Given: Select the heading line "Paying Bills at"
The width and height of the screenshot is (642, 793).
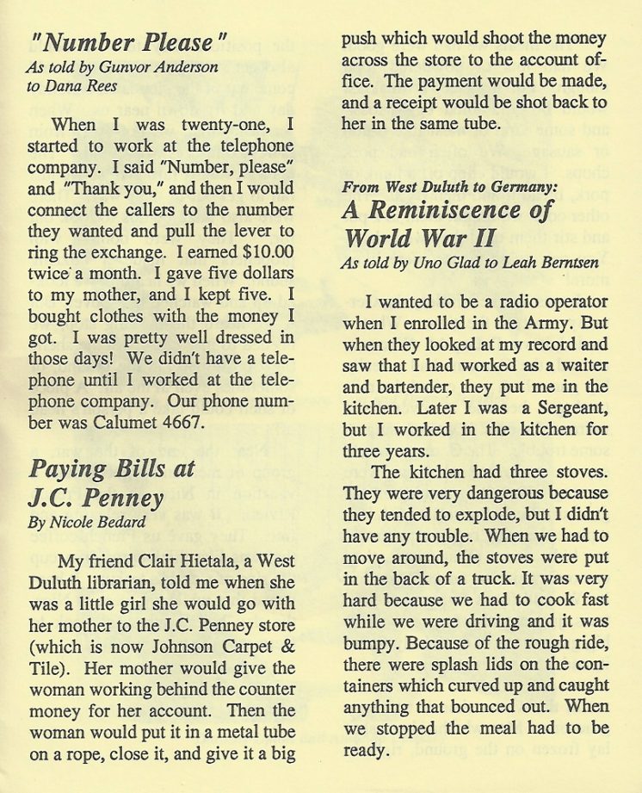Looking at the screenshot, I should [112, 470].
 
